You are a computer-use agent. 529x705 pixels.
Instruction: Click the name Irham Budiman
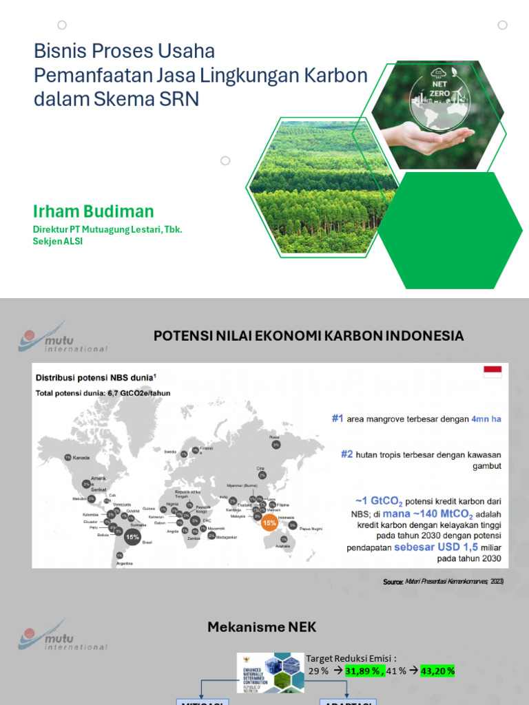coord(94,211)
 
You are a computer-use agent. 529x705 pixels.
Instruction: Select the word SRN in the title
coord(180,98)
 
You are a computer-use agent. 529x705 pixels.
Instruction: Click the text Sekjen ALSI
coord(58,242)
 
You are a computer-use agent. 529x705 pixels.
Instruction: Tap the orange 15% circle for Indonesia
coord(269,523)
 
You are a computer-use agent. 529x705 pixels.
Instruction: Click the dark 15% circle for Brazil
coord(132,536)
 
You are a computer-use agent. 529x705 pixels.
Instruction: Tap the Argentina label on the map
coord(124,563)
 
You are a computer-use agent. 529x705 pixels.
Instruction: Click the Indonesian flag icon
coord(492,372)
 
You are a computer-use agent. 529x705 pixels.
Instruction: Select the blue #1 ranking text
coord(337,418)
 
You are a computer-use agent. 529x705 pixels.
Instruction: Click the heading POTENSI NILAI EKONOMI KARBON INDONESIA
coord(308,336)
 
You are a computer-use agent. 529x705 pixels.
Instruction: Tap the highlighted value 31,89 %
coord(364,671)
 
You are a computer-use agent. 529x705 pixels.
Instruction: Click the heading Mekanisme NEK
coord(262,627)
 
